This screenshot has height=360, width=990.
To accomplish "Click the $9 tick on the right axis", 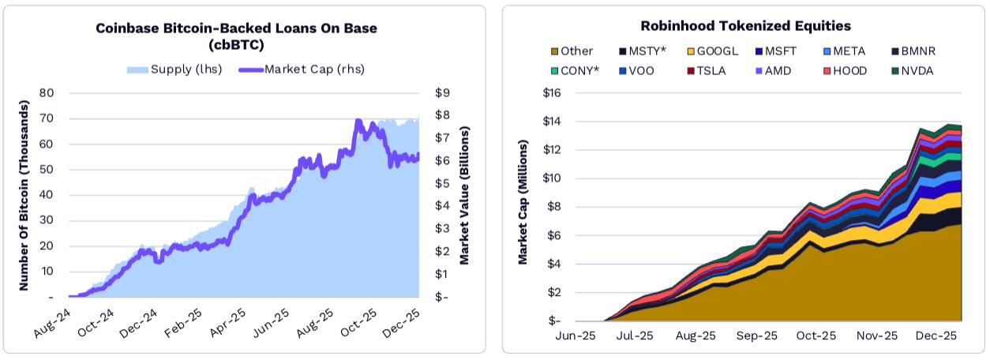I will click(x=442, y=93).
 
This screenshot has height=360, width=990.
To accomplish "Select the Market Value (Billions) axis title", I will click(x=465, y=195).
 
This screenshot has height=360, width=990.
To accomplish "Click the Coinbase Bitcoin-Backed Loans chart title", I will click(x=236, y=36).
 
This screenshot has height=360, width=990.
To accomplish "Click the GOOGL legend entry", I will click(x=712, y=51).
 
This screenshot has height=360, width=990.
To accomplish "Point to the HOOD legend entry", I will click(x=849, y=71).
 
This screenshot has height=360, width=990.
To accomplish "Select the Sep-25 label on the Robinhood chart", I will click(x=756, y=336).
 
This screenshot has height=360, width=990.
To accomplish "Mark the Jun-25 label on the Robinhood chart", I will click(x=576, y=336).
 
